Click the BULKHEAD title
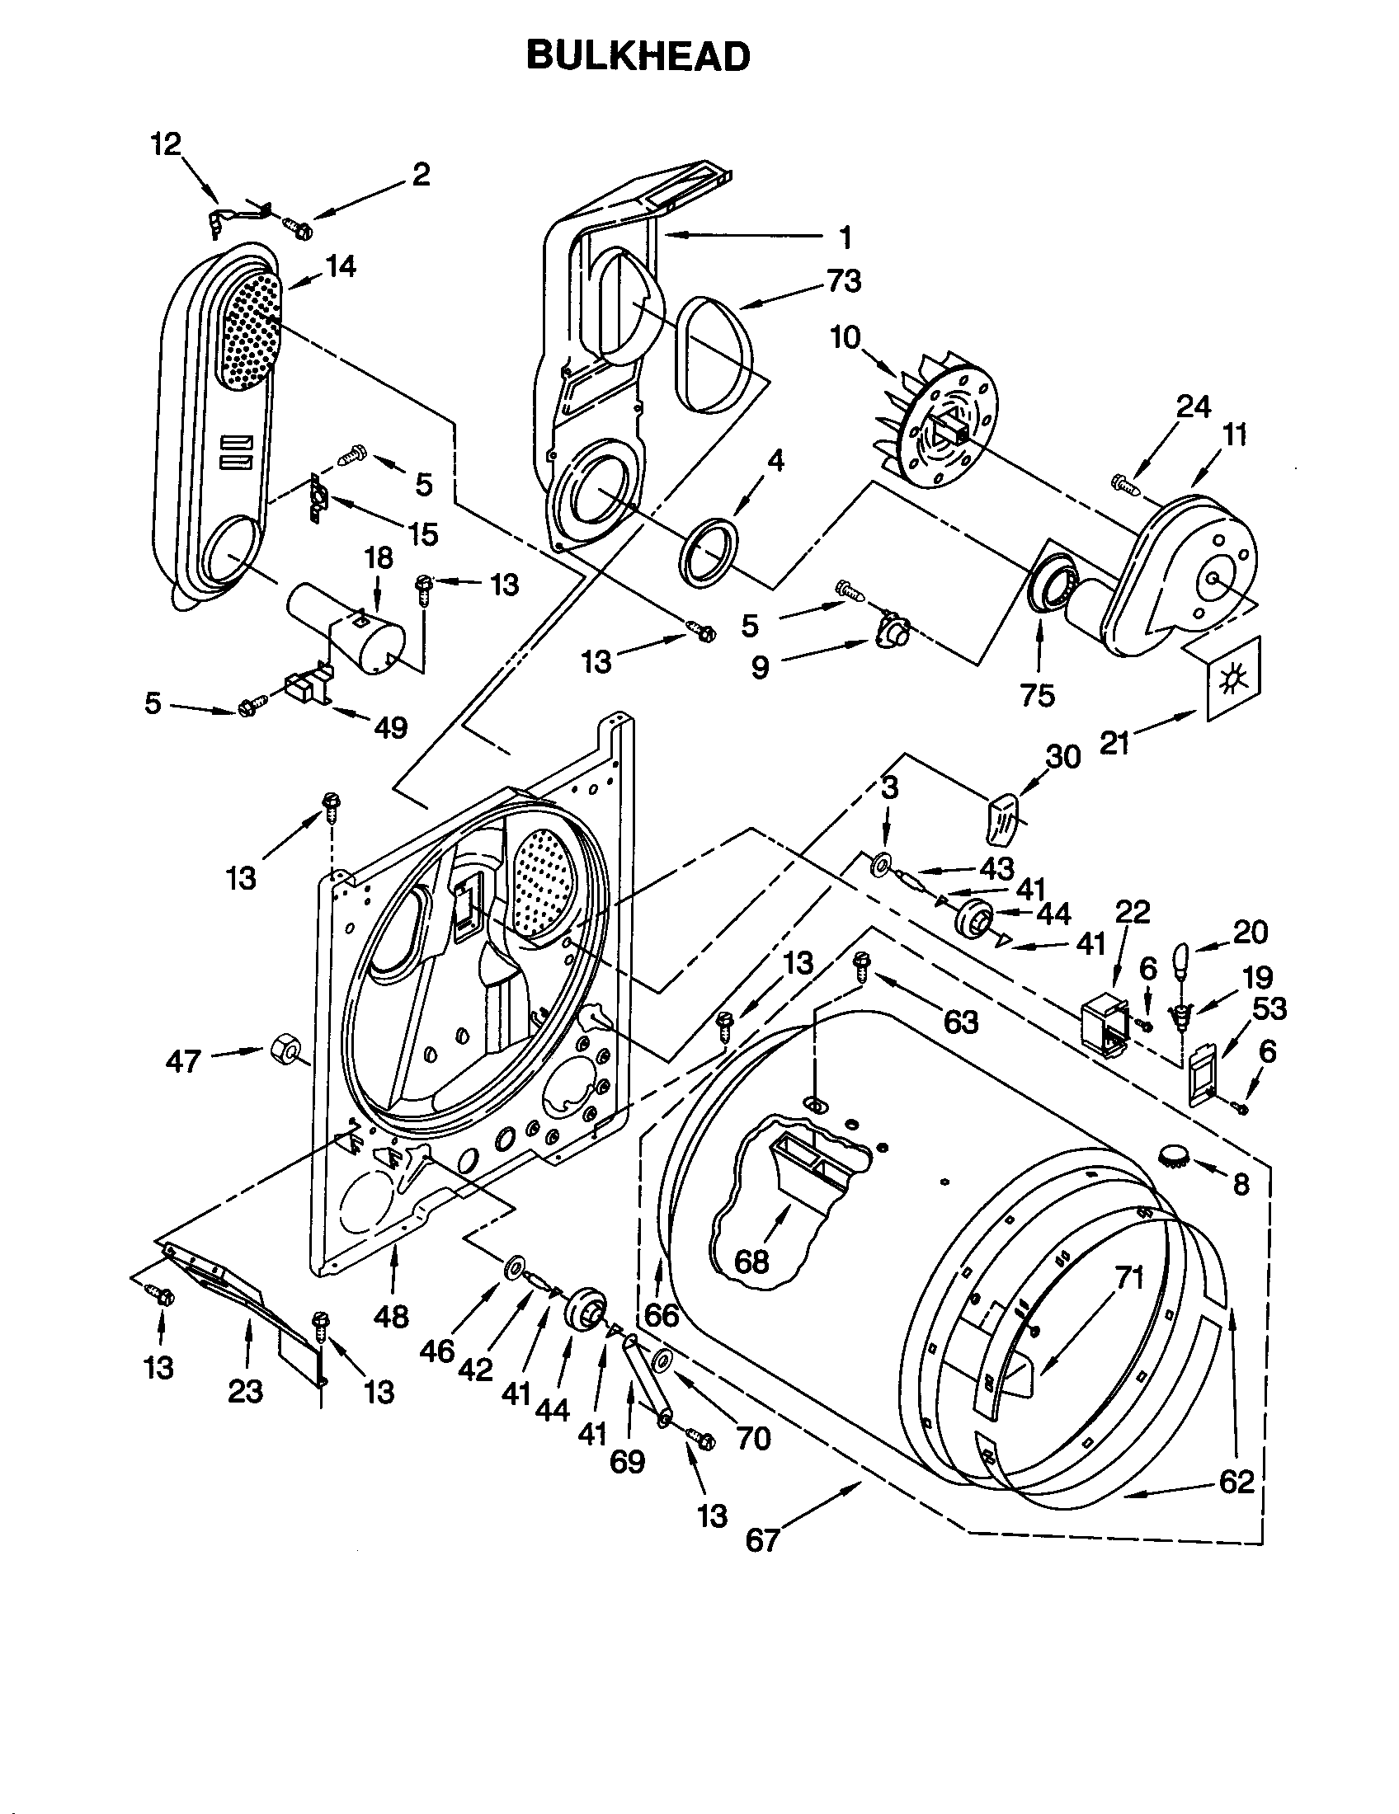(638, 55)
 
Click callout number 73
(843, 281)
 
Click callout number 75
(1038, 694)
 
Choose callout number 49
(390, 727)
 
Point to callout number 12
(165, 144)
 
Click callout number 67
(762, 1540)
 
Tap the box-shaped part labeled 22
(1105, 1030)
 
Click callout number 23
(245, 1390)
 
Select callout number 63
(960, 1022)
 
